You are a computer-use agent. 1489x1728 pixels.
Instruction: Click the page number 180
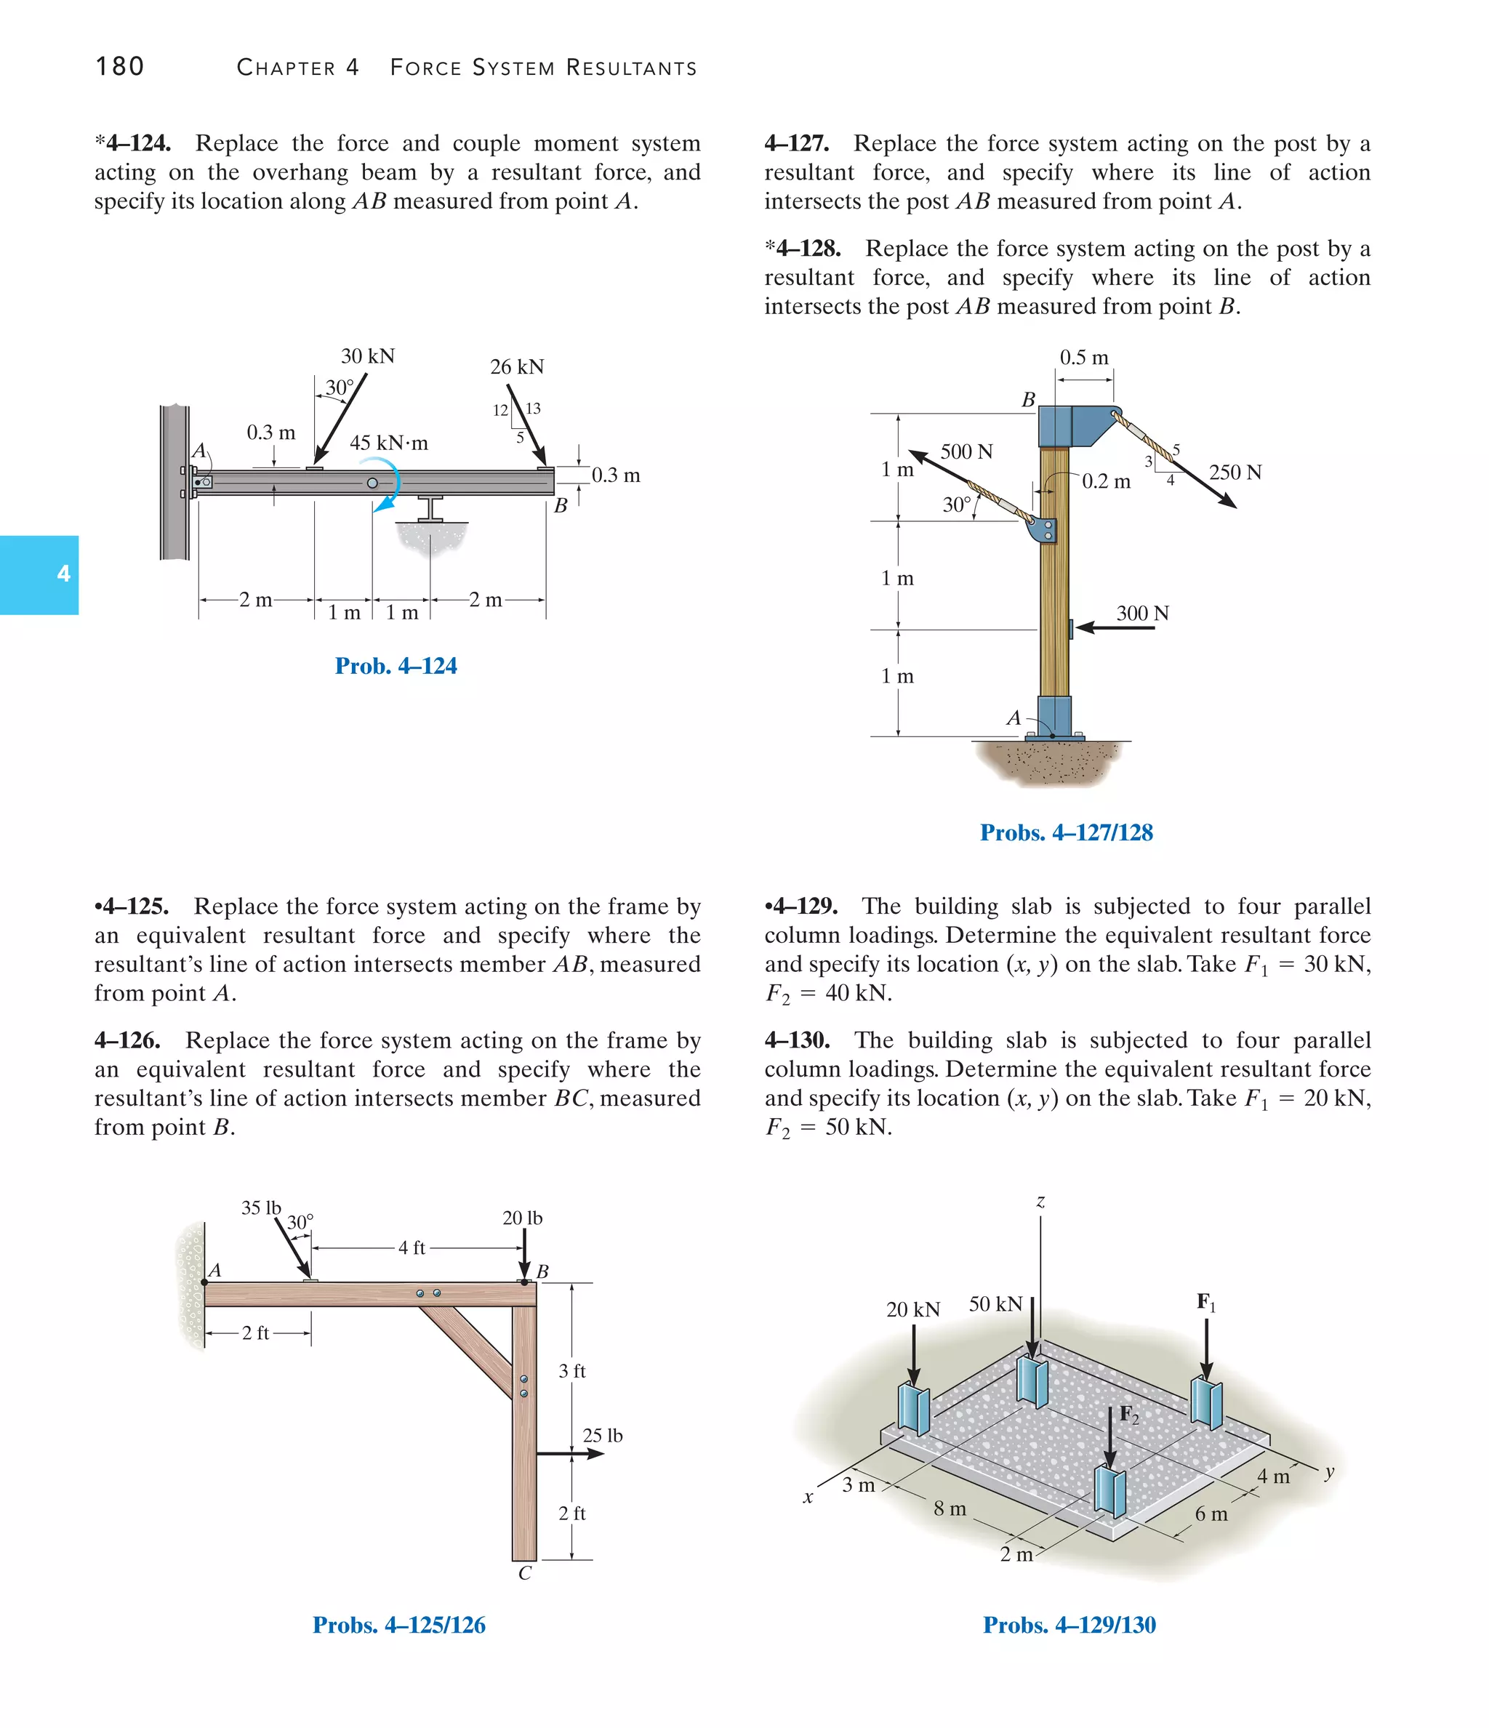(x=120, y=67)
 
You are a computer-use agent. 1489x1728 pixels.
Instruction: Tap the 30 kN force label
(x=368, y=356)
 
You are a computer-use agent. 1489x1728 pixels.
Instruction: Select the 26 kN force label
(x=516, y=367)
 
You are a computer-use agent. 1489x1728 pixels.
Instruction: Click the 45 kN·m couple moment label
(x=389, y=443)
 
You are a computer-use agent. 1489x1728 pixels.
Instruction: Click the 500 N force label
(x=967, y=452)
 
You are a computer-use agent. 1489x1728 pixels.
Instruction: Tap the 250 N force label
(x=1235, y=473)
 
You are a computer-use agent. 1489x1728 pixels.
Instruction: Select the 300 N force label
(x=1142, y=614)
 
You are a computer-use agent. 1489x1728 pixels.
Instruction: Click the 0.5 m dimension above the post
(x=1083, y=358)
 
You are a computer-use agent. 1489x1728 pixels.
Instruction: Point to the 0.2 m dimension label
(x=1106, y=482)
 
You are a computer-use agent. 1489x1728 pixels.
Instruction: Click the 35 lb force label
(x=261, y=1207)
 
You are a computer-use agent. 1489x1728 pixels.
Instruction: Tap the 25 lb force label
(x=602, y=1435)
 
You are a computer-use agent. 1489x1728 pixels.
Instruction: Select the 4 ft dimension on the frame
(x=412, y=1247)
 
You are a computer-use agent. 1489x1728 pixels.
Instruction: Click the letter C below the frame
(x=525, y=1573)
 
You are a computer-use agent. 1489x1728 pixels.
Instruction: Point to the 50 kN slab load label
(x=995, y=1304)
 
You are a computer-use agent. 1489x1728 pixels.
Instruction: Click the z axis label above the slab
(x=1040, y=1202)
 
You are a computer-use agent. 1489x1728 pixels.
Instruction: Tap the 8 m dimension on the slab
(x=950, y=1508)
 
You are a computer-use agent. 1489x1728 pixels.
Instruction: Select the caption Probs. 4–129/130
(x=1069, y=1625)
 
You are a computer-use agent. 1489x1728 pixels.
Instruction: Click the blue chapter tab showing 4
(x=39, y=574)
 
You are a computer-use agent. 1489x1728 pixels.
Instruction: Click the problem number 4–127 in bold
(x=797, y=143)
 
